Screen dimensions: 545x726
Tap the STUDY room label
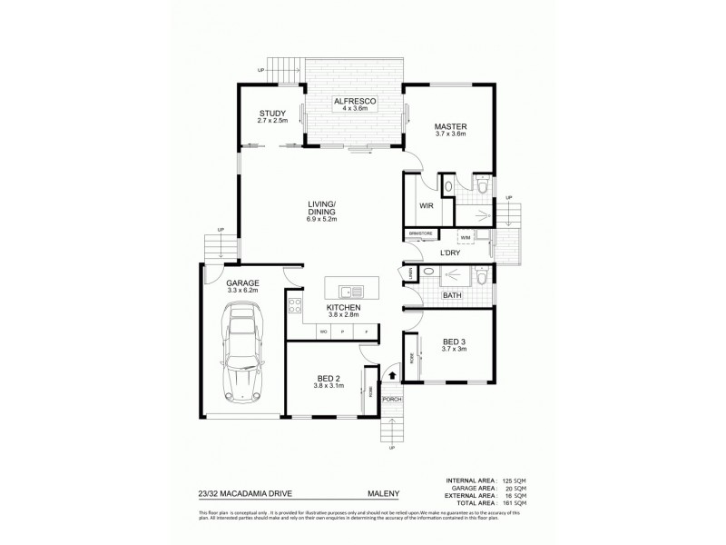click(272, 114)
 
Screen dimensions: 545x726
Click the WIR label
click(425, 206)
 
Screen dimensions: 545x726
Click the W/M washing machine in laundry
click(465, 237)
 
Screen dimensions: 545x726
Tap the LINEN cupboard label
click(409, 273)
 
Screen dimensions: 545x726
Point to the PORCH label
click(392, 399)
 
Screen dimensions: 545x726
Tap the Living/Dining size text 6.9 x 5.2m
click(322, 219)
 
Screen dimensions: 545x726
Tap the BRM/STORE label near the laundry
click(419, 234)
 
